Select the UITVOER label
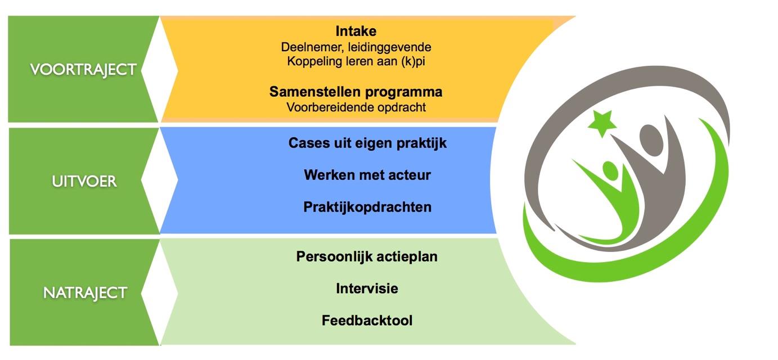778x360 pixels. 84,182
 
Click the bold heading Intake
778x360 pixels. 356,31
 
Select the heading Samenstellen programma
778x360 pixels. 356,92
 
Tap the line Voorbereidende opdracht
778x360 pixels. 356,107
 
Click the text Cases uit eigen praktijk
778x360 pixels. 367,143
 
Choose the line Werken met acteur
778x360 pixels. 367,175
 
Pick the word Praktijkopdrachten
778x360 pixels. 367,207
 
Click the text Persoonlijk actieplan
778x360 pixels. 367,257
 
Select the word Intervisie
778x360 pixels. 367,289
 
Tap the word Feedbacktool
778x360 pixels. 367,321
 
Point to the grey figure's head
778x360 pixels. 651,141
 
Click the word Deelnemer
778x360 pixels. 312,47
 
